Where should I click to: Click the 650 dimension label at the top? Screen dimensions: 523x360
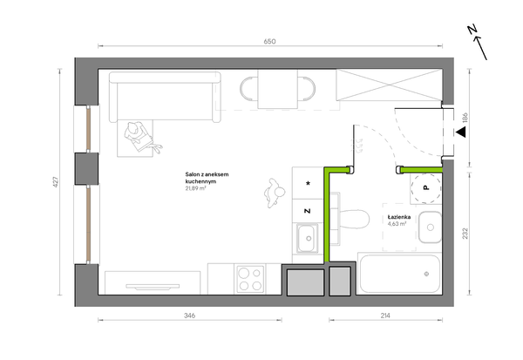(269, 41)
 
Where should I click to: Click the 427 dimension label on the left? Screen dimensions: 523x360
(56, 182)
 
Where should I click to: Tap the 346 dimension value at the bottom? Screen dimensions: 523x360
(189, 316)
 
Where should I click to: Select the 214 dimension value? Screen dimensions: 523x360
(385, 316)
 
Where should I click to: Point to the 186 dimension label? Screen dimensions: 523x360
(465, 119)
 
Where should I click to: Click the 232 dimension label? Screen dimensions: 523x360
(465, 234)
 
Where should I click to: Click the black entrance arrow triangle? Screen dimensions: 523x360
(461, 132)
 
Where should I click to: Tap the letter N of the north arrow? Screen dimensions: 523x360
(472, 30)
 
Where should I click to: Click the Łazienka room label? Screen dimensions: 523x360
(399, 217)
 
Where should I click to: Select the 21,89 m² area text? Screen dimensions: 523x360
(195, 188)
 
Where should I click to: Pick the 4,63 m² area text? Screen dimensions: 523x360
(397, 224)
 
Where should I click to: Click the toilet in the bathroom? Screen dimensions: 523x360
(350, 219)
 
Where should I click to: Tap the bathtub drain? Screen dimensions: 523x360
(426, 274)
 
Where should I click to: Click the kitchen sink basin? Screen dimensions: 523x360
(308, 238)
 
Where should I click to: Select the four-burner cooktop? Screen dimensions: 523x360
(250, 280)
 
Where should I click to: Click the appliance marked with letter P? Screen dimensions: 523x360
(426, 188)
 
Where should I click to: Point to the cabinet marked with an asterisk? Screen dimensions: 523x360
(308, 183)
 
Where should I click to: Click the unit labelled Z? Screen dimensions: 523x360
(308, 211)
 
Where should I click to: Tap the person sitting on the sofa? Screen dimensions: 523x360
(140, 137)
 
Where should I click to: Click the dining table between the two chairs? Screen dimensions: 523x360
(277, 89)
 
